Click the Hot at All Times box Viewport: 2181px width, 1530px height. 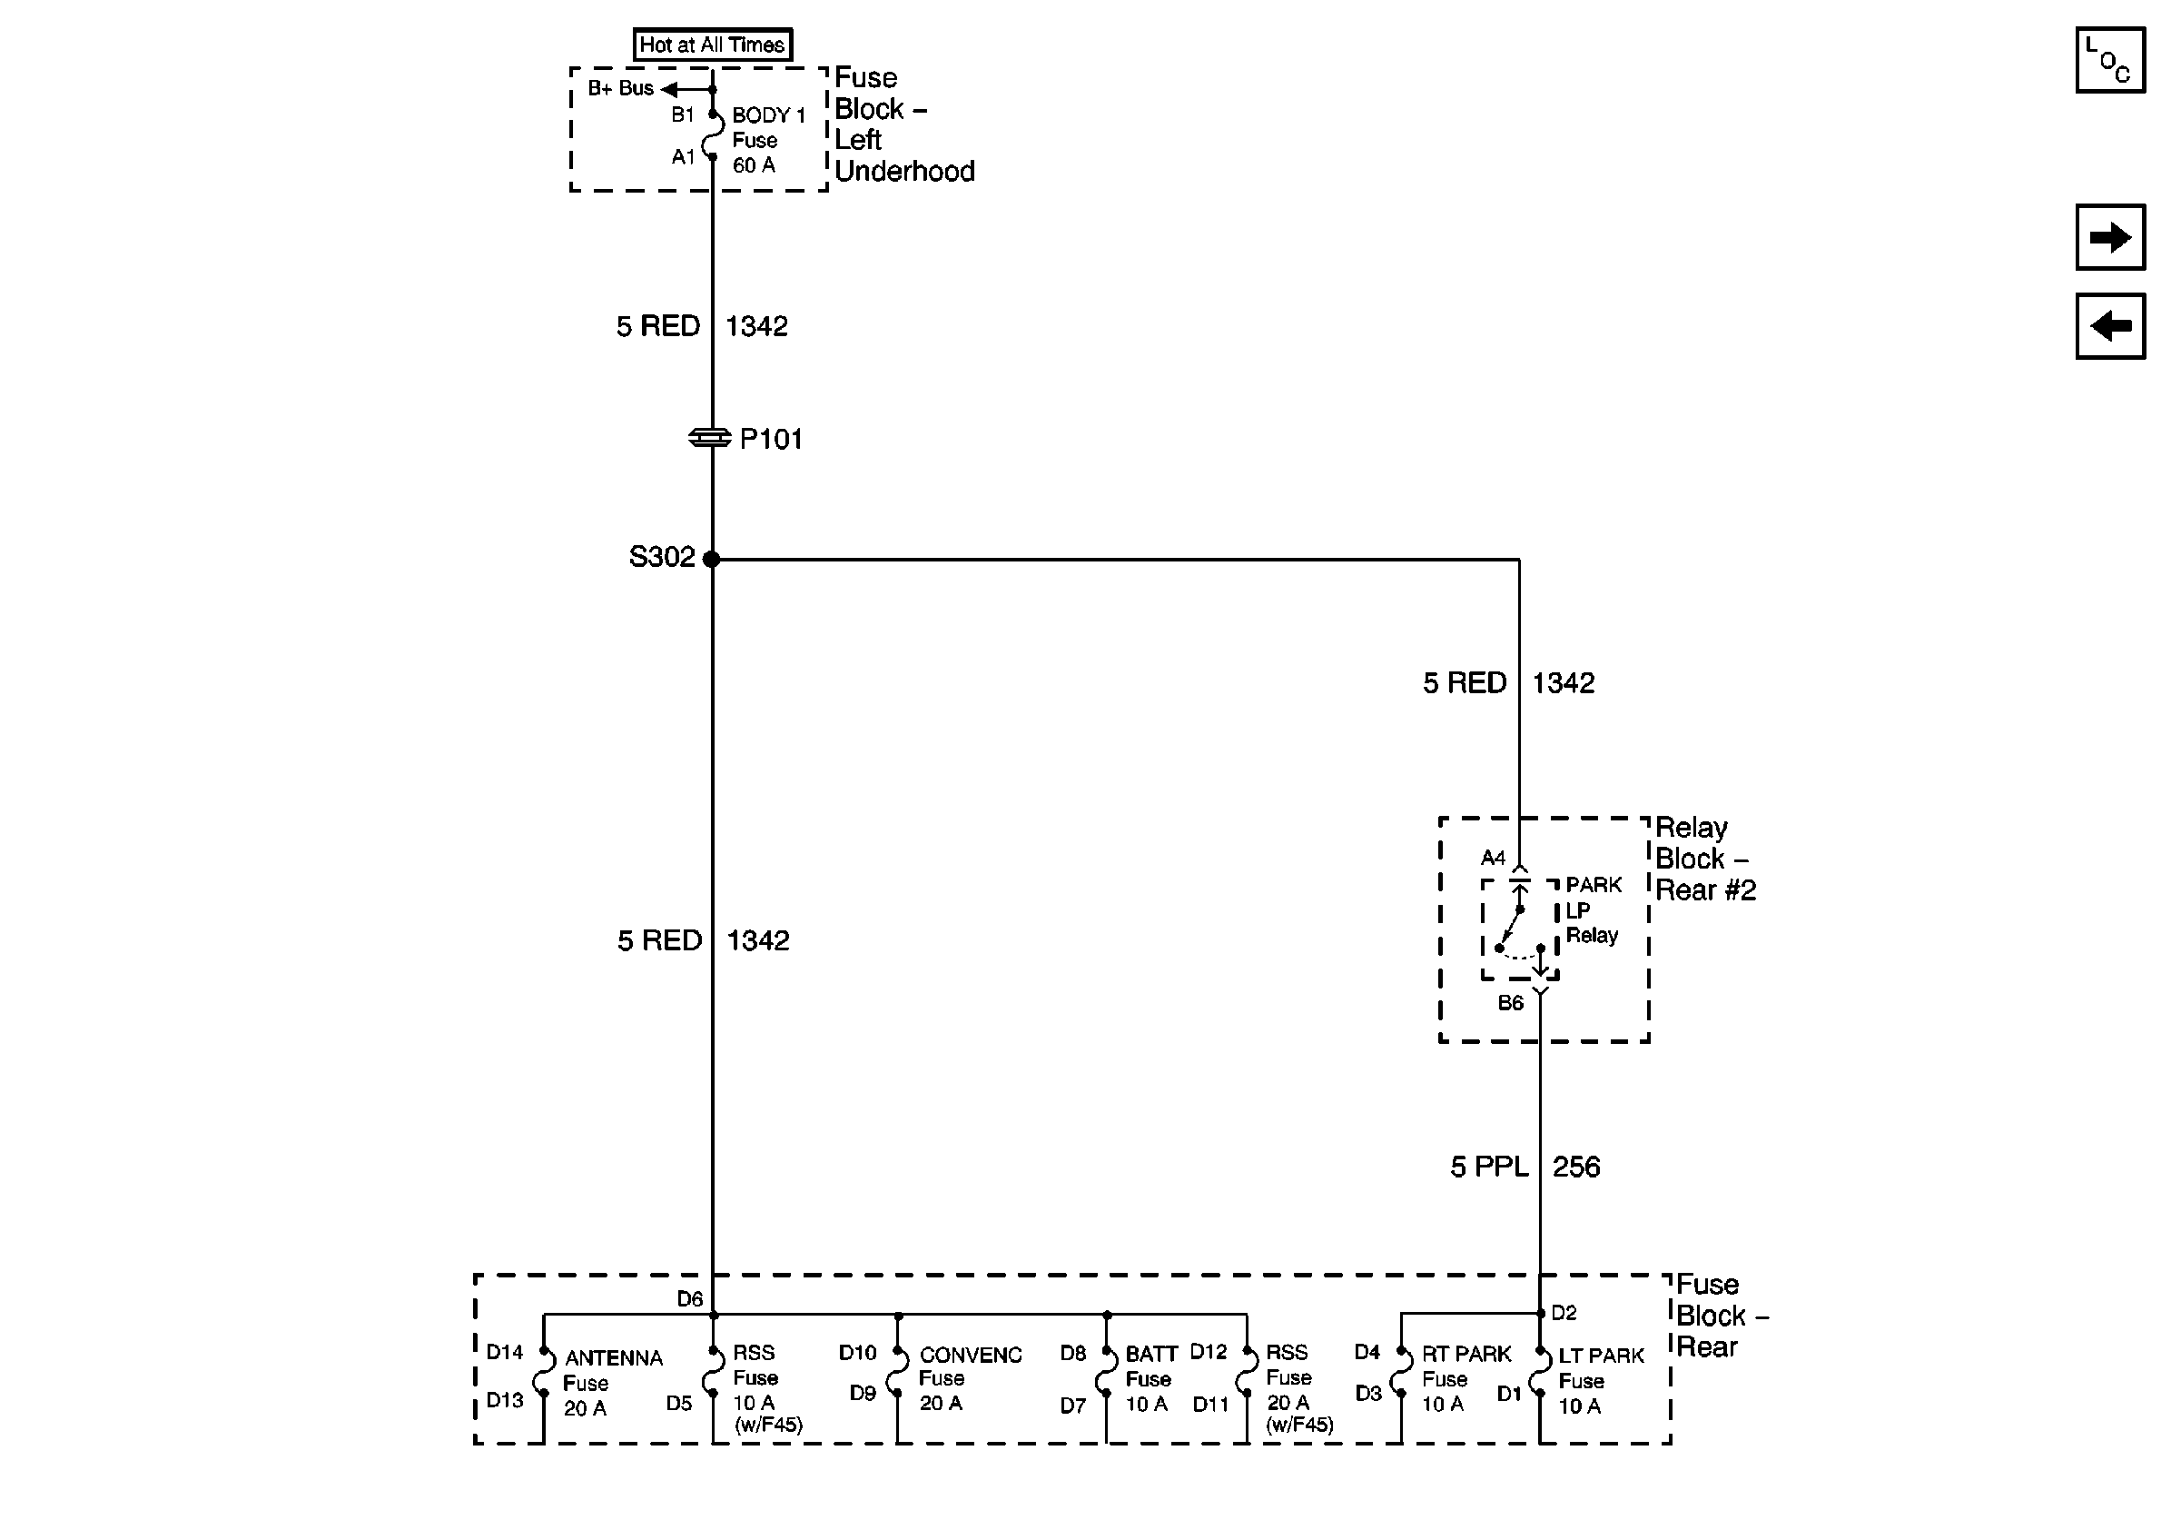pos(713,45)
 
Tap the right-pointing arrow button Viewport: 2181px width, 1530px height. pos(2110,237)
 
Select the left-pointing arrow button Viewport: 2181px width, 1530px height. pos(2110,326)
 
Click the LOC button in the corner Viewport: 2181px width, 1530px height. pos(2110,60)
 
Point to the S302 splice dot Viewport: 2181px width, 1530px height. pos(712,559)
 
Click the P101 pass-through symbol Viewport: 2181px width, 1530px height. pos(709,438)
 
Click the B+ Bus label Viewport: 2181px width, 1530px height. pos(620,88)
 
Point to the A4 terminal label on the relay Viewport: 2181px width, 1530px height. pos(1493,859)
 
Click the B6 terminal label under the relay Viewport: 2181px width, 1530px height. pos(1510,1002)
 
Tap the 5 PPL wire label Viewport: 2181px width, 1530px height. pos(1488,1166)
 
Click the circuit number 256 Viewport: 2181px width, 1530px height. pos(1576,1166)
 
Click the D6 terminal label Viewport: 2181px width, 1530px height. pos(690,1298)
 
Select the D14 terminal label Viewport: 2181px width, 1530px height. pos(505,1351)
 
